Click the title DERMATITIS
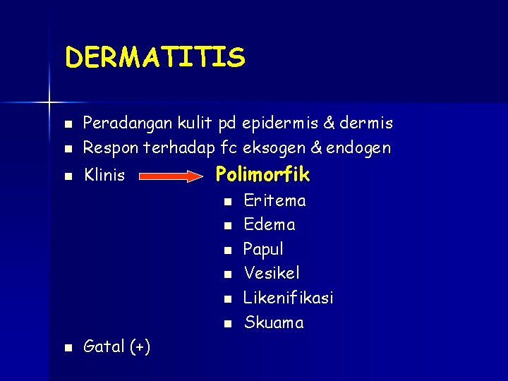point(155,57)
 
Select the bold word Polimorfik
point(262,174)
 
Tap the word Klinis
point(104,175)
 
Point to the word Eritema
point(274,200)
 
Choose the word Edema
point(269,224)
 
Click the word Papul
point(263,249)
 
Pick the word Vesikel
point(272,272)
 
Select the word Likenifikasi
point(288,298)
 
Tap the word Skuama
point(274,323)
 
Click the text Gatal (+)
point(116,346)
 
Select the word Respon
point(106,148)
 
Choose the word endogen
point(359,148)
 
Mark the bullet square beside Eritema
point(226,202)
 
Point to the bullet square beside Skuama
point(226,324)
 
